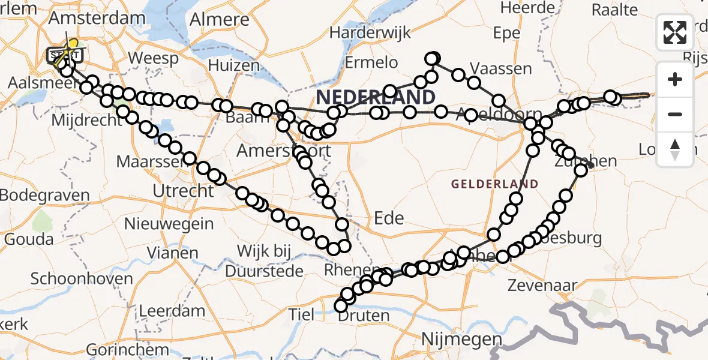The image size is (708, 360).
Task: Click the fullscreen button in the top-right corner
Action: click(675, 32)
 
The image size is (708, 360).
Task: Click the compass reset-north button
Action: click(675, 149)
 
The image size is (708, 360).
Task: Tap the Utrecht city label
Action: click(184, 191)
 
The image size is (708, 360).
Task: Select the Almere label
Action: click(219, 19)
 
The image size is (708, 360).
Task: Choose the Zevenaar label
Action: click(542, 285)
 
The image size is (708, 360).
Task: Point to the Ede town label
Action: click(389, 218)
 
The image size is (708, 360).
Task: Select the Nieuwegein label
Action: click(169, 224)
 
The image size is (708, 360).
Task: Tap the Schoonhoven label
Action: click(82, 279)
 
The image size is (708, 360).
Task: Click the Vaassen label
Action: click(500, 68)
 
